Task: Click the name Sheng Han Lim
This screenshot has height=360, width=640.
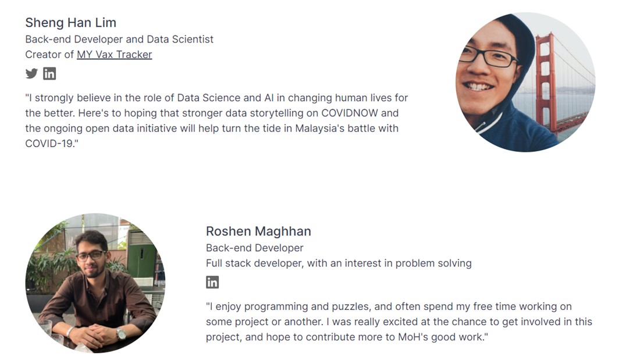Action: [x=70, y=23]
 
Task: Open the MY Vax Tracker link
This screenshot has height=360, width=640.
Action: [x=114, y=55]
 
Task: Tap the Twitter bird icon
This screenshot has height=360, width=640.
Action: [x=31, y=73]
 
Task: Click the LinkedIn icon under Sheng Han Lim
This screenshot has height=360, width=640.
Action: [x=49, y=73]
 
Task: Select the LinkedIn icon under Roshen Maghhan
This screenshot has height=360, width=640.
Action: [x=212, y=282]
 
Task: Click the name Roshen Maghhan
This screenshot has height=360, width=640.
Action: [x=258, y=231]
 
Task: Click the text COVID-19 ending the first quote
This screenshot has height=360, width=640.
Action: [x=49, y=144]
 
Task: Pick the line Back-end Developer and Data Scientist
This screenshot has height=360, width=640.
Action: [x=119, y=39]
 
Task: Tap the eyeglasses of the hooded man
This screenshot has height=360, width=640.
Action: [x=488, y=57]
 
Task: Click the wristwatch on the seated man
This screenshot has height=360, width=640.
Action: [x=121, y=333]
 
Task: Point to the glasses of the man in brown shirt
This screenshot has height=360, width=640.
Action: [x=91, y=256]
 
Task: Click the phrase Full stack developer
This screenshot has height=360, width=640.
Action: [x=255, y=263]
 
